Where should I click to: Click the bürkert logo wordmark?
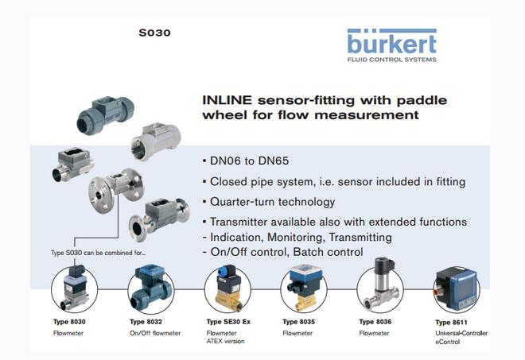(x=392, y=42)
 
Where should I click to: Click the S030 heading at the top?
(x=154, y=33)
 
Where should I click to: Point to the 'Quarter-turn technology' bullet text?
(x=270, y=202)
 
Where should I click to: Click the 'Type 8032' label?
(x=148, y=322)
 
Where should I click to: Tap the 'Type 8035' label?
(x=301, y=322)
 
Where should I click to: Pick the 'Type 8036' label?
(x=377, y=322)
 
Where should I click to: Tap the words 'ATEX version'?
(x=225, y=342)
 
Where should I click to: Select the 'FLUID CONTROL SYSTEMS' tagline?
(x=392, y=58)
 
